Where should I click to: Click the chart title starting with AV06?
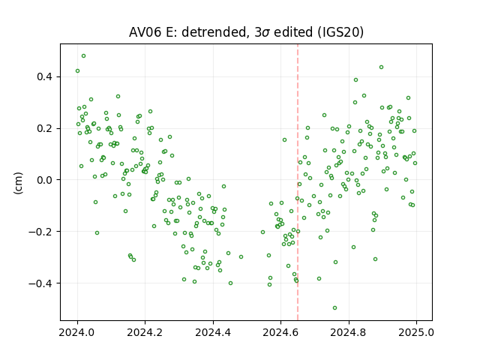pyautogui.click(x=246, y=32)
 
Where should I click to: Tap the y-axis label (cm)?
pyautogui.click(x=18, y=183)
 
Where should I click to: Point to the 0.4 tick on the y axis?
pyautogui.click(x=45, y=76)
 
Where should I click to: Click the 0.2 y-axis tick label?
pyautogui.click(x=45, y=128)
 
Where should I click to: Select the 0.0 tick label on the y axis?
pyautogui.click(x=45, y=180)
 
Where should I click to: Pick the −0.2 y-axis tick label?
pyautogui.click(x=41, y=232)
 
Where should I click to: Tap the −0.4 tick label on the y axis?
pyautogui.click(x=41, y=283)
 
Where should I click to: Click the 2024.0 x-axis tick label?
pyautogui.click(x=77, y=332)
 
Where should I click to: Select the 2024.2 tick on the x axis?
pyautogui.click(x=145, y=332)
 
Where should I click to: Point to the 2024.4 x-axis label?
pyautogui.click(x=213, y=332)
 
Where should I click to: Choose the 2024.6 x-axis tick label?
pyautogui.click(x=280, y=332)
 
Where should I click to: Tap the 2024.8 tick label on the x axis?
pyautogui.click(x=348, y=332)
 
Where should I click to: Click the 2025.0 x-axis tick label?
pyautogui.click(x=416, y=332)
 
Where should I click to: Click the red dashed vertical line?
pyautogui.click(x=298, y=182)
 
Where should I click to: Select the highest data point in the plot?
pyautogui.click(x=83, y=56)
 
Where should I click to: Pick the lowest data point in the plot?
pyautogui.click(x=335, y=308)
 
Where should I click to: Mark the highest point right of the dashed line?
pyautogui.click(x=382, y=67)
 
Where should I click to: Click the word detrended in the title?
pyautogui.click(x=214, y=32)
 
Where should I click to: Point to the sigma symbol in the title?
pyautogui.click(x=265, y=33)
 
